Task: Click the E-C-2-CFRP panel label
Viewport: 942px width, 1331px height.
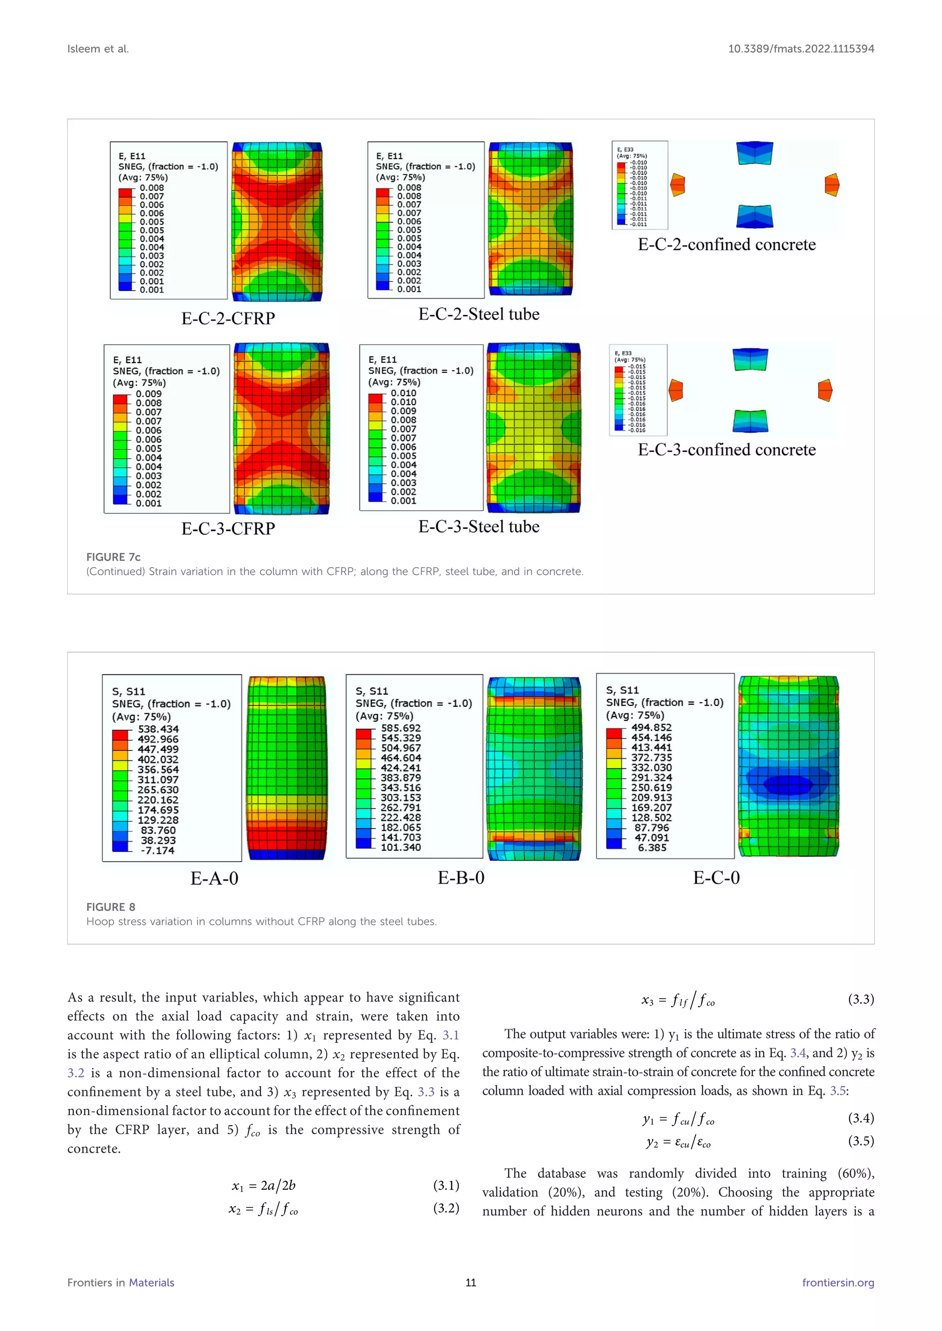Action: pyautogui.click(x=228, y=318)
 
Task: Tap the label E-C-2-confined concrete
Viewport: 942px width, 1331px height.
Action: pyautogui.click(x=726, y=245)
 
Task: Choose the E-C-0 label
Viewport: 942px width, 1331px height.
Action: pyautogui.click(x=716, y=878)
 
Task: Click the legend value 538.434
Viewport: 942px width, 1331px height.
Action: pyautogui.click(x=158, y=729)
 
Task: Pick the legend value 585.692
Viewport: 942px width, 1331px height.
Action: pyautogui.click(x=400, y=728)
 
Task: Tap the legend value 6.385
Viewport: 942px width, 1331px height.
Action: pyautogui.click(x=652, y=848)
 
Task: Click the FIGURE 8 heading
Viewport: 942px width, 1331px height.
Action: pyautogui.click(x=110, y=907)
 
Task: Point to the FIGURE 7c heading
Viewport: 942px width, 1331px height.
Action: pyautogui.click(x=113, y=557)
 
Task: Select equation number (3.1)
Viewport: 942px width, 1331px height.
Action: pyautogui.click(x=446, y=1185)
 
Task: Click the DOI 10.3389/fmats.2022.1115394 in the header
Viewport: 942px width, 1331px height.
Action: pyautogui.click(x=800, y=49)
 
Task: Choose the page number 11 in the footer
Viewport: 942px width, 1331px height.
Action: pyautogui.click(x=471, y=1283)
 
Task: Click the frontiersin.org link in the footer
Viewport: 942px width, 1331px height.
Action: pyautogui.click(x=838, y=1283)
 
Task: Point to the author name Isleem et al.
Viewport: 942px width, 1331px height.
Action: pyautogui.click(x=98, y=49)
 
